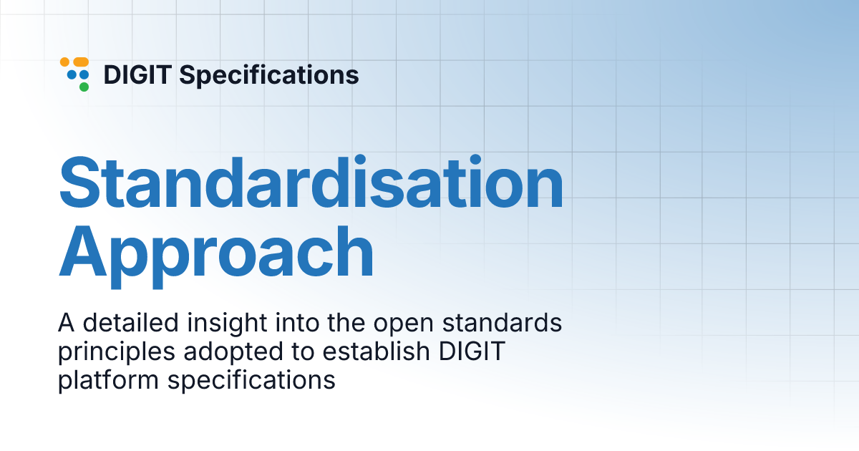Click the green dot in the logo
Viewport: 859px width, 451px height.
(x=84, y=87)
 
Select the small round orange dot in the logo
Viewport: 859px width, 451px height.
(x=64, y=62)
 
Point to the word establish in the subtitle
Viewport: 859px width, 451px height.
(x=342, y=351)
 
